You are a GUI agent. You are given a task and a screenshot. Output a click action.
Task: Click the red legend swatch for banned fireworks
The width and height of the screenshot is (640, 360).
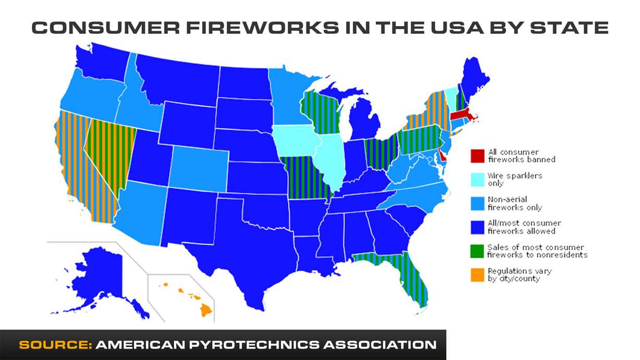click(477, 155)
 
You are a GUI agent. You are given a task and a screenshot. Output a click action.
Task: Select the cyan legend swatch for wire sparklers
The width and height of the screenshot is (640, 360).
click(477, 179)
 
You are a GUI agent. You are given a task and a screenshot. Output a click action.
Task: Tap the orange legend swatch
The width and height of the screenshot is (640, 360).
click(477, 275)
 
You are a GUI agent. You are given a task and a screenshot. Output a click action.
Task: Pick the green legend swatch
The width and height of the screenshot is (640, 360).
click(477, 251)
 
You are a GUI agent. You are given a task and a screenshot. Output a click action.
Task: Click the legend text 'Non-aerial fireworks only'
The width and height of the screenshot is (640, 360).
click(514, 203)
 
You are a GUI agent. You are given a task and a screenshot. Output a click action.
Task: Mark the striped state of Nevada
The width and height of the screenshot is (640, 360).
click(107, 156)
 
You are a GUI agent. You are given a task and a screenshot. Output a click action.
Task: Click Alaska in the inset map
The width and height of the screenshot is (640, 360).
click(99, 276)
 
